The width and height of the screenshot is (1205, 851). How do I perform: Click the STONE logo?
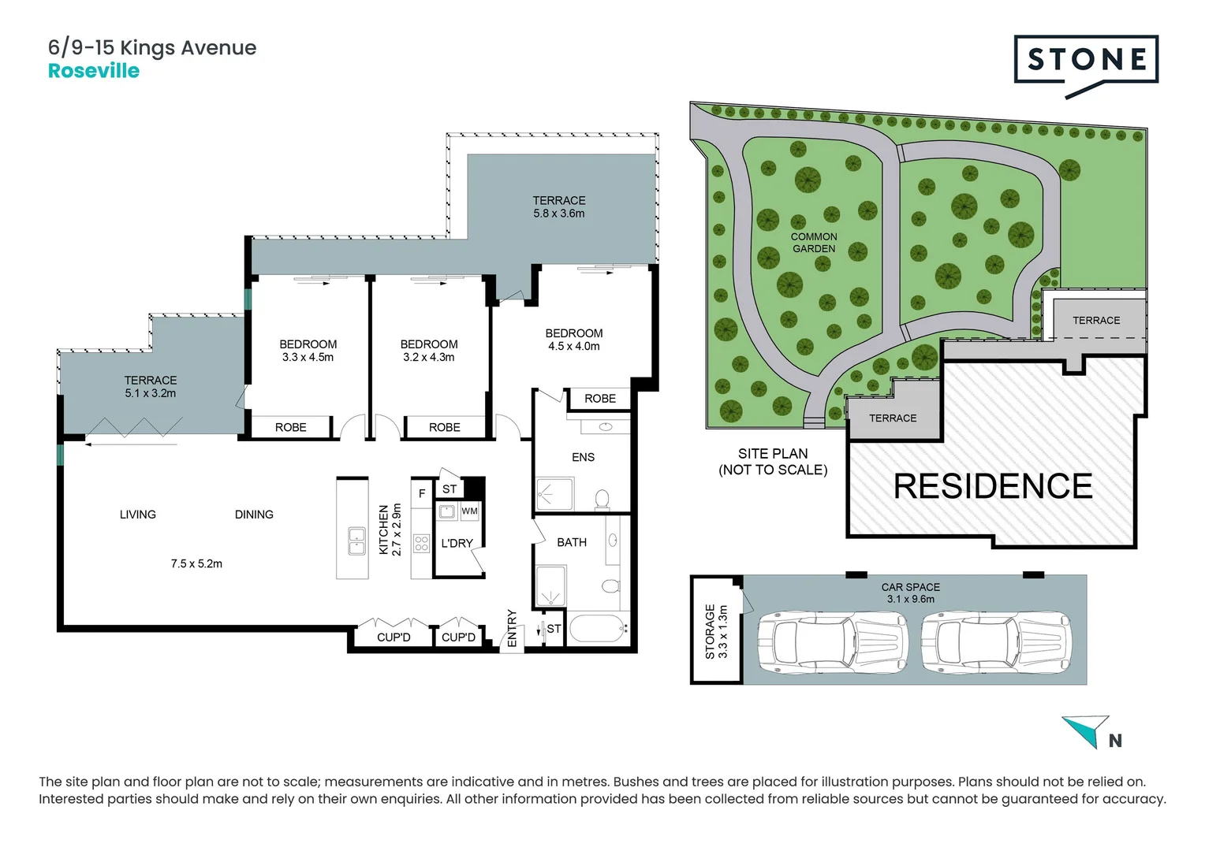(x=1086, y=61)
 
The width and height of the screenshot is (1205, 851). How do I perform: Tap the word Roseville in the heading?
(x=94, y=71)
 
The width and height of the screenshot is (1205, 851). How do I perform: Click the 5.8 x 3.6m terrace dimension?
(x=558, y=214)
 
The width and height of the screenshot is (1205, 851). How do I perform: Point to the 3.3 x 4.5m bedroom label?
(x=308, y=357)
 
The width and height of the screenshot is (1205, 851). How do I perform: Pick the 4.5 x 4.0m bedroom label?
(x=573, y=346)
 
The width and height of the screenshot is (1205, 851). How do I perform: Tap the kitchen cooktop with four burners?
(x=421, y=543)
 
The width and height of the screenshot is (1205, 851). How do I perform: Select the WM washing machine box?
(x=469, y=511)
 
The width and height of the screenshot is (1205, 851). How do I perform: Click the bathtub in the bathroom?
(x=598, y=629)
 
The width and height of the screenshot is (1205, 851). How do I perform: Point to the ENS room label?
(x=583, y=457)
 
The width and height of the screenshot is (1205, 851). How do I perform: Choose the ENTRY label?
(x=512, y=628)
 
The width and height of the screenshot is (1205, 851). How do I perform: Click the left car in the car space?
(x=833, y=644)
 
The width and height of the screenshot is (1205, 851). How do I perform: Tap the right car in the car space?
(x=997, y=644)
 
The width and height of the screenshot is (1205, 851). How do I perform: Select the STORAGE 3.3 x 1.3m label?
(x=716, y=631)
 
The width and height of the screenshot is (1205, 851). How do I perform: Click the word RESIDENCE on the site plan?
(x=992, y=486)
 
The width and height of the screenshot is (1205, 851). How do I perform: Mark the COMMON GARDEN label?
(x=814, y=243)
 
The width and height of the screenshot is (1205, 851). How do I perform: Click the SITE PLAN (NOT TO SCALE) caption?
(x=773, y=462)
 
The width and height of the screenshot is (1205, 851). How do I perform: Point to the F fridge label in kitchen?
(x=422, y=494)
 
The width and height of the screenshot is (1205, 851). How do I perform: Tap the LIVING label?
(x=138, y=515)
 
